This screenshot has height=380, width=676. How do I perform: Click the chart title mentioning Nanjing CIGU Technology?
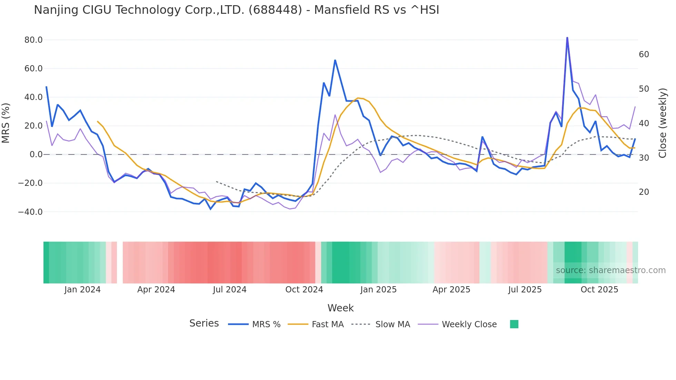coord(236,10)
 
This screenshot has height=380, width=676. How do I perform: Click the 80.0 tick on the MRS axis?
coord(33,40)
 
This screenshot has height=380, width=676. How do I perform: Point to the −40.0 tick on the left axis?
coord(30,212)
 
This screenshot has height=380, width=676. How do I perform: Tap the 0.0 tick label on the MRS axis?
coord(36,154)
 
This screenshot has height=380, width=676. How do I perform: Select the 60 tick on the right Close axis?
coord(644,54)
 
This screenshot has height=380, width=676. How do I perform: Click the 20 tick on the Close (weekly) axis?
coord(644,192)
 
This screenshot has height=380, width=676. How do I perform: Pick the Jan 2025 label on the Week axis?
coord(378,290)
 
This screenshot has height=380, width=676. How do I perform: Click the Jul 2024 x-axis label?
coord(229,290)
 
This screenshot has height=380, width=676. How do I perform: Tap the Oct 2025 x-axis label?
coord(599,290)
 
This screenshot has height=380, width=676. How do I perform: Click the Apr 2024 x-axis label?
coord(156,290)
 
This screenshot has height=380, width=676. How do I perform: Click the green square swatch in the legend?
coord(514,324)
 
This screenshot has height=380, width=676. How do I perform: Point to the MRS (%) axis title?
coord(6,123)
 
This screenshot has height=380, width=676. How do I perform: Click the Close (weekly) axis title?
coord(663,123)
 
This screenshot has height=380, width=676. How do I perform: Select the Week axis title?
coord(340,308)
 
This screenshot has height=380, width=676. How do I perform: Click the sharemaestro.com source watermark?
coord(610,270)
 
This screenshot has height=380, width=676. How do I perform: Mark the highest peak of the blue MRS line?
coord(567,38)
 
